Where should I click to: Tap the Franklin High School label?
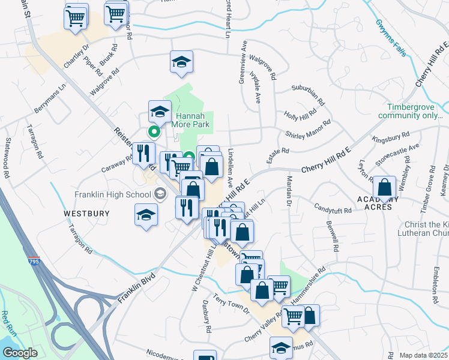coord(113,194)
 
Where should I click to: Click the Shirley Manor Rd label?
coord(309,128)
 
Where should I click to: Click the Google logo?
coord(20,353)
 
